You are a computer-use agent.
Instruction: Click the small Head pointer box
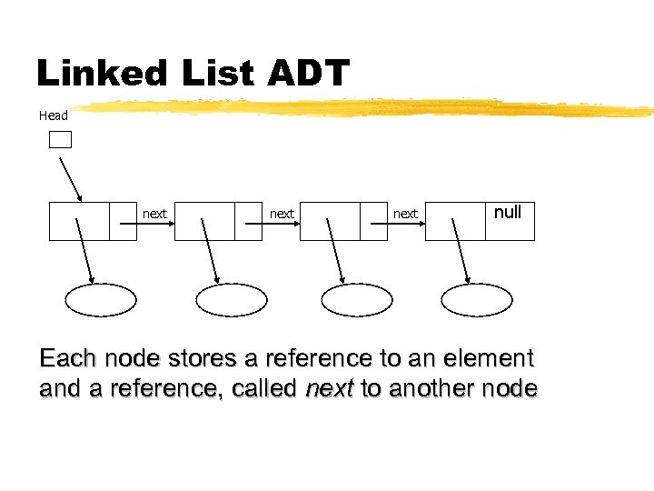point(60,139)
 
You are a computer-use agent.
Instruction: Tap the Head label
point(54,115)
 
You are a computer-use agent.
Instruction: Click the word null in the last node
point(507,212)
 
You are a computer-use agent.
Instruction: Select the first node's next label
point(155,214)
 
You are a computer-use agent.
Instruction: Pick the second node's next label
point(282,214)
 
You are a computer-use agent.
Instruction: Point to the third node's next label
point(405,214)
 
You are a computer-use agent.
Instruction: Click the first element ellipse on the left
point(101,299)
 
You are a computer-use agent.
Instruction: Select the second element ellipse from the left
point(232,299)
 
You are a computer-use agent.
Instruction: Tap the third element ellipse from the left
point(357,299)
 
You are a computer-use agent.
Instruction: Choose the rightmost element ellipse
point(478,299)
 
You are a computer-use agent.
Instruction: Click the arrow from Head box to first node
point(71,179)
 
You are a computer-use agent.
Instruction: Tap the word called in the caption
point(264,389)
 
